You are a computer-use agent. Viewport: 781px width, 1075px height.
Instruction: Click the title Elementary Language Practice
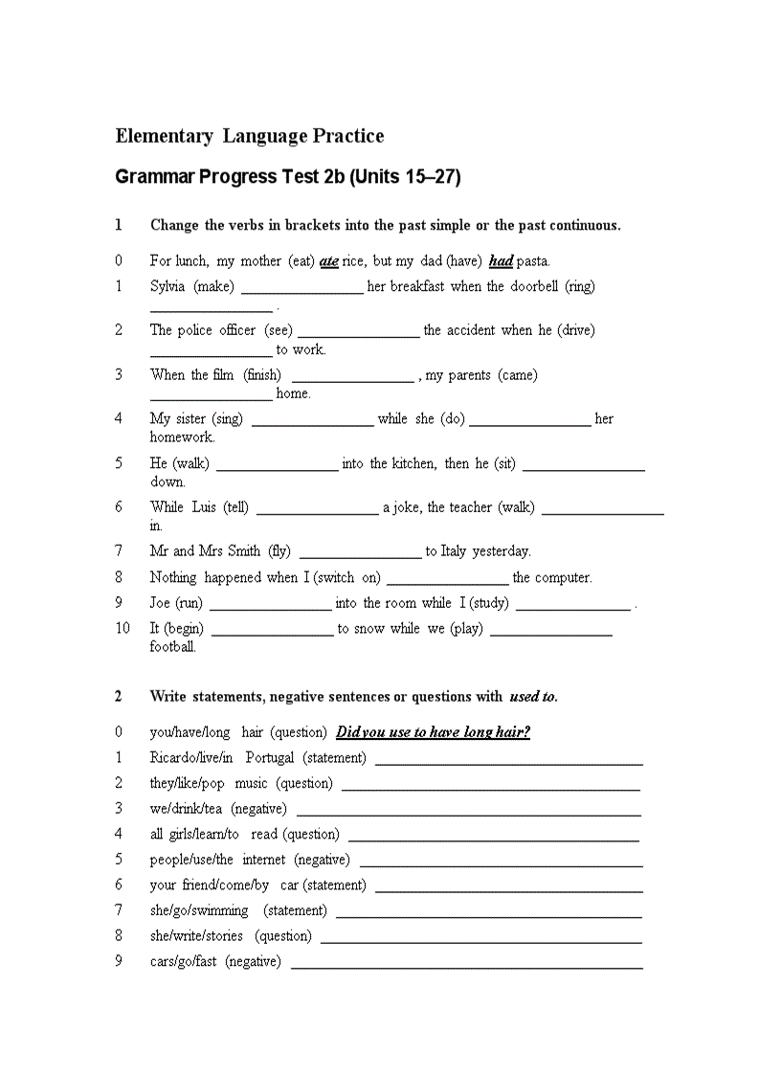(250, 136)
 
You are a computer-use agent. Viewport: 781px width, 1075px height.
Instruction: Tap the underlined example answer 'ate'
(329, 261)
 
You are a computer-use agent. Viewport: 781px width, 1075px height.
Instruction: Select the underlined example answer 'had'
(501, 261)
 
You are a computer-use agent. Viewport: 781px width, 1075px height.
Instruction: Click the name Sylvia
(167, 286)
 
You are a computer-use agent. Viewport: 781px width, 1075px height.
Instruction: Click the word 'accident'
(468, 330)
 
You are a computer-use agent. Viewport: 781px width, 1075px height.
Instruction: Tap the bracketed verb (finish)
(262, 375)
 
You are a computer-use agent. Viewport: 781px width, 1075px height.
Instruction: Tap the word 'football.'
(173, 647)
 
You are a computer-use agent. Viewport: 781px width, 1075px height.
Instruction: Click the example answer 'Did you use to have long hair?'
(434, 732)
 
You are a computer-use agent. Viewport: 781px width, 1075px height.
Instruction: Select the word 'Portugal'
(270, 758)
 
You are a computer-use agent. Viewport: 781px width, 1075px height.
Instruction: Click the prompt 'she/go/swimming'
(199, 910)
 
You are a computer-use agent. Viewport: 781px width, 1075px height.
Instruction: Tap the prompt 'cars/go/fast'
(184, 961)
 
